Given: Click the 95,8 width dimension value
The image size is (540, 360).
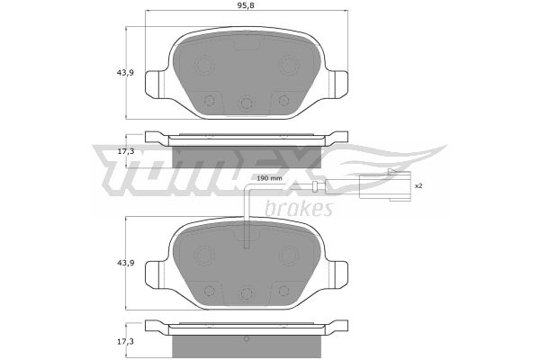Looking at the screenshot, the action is (247, 5).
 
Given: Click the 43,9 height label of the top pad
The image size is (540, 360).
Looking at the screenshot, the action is (125, 73).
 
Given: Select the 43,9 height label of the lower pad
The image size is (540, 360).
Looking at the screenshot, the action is (125, 263).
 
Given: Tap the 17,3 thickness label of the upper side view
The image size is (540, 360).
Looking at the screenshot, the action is (126, 151).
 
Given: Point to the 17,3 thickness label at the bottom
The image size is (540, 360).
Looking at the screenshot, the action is (126, 342).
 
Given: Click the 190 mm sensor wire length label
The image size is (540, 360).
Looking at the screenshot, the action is (270, 178).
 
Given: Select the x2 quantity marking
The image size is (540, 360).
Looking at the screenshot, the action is (418, 185).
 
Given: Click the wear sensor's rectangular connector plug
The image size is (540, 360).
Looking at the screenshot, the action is (384, 185).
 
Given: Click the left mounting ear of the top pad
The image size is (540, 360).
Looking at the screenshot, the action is (155, 84).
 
